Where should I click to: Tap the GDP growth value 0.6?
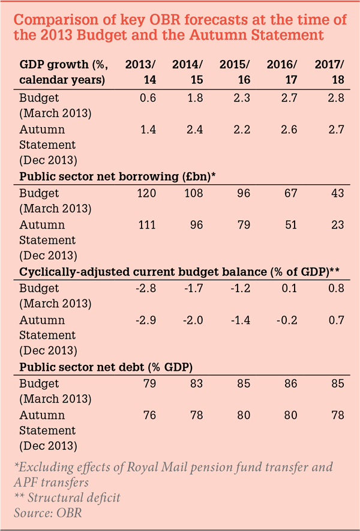(148, 98)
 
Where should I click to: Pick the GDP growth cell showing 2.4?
(196, 130)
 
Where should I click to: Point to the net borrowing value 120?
(146, 193)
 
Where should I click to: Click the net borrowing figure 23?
(338, 225)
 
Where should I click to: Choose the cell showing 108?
(193, 193)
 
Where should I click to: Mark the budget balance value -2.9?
(145, 320)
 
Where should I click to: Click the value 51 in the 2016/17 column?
(290, 225)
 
